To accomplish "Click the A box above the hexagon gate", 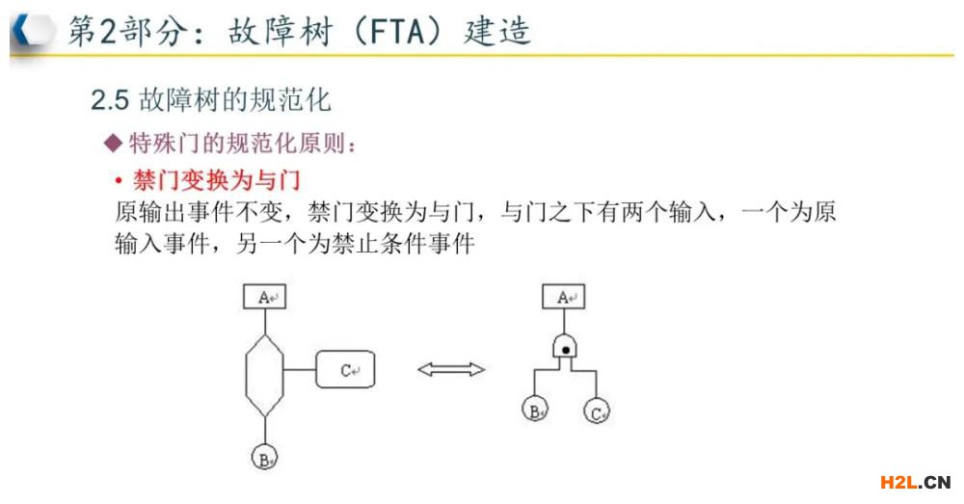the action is point(265,296).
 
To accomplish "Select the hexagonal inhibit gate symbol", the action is point(265,375).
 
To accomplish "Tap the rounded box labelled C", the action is point(345,369).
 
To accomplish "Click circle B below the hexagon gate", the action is point(265,457).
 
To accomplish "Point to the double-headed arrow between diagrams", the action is point(451,369).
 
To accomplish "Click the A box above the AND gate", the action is point(564,296).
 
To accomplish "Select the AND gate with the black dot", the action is point(565,347).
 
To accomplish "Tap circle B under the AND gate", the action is point(535,410).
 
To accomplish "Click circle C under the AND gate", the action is point(597,411).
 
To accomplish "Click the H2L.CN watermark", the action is point(916,482).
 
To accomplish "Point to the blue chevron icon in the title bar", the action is point(23,30).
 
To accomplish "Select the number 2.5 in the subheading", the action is point(110,100).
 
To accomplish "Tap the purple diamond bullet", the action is point(113,144).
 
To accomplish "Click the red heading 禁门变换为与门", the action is point(216,180).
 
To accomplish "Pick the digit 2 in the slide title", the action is point(108,31).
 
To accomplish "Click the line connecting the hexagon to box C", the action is point(300,369).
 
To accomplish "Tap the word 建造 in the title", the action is point(496,31).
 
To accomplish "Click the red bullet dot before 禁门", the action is point(119,181).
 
